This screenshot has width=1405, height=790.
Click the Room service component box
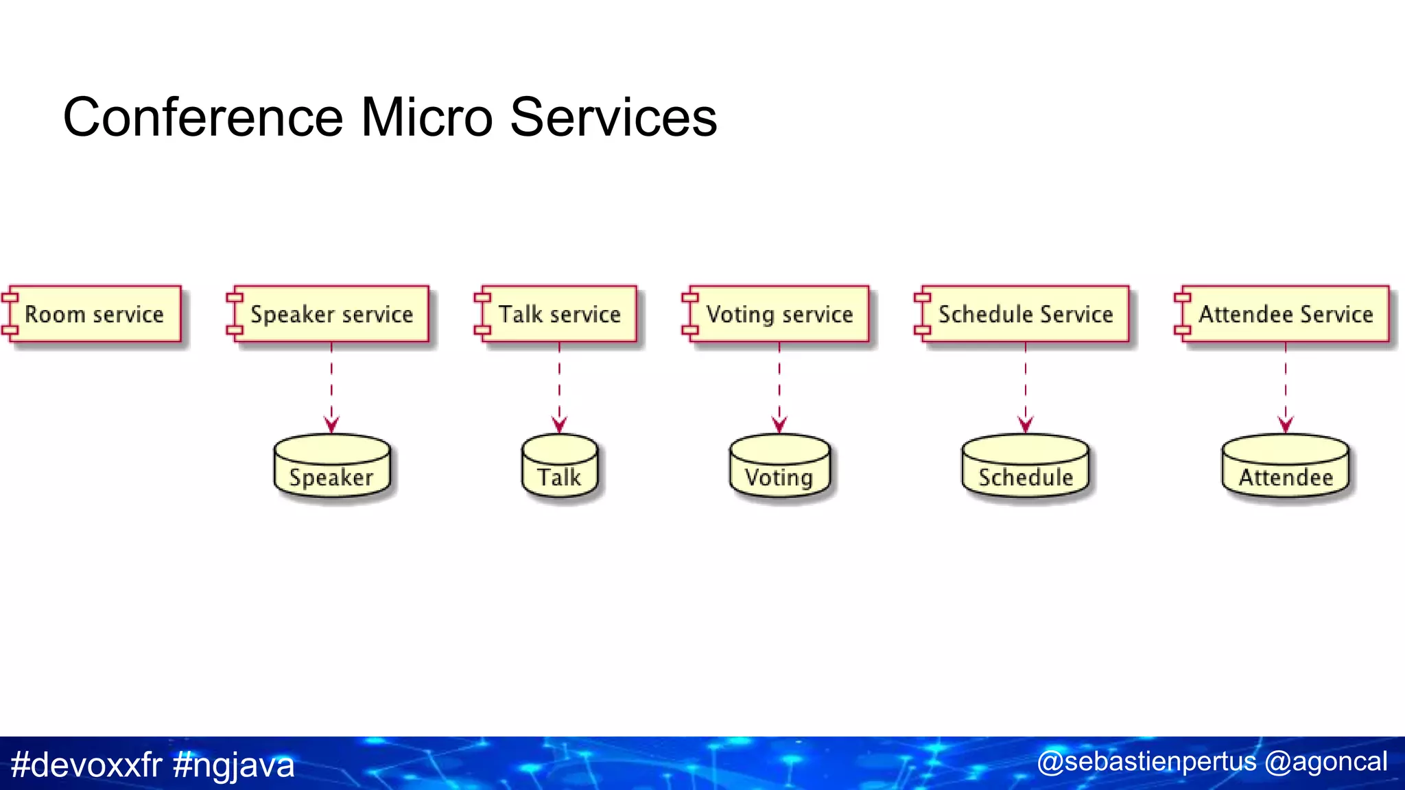95,314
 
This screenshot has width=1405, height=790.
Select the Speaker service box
331,314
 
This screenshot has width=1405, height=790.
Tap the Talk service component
559,314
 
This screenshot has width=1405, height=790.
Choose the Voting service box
779,314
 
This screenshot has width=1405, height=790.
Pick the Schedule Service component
1025,314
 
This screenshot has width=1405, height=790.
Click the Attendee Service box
1285,314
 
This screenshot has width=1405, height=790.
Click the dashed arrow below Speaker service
331,388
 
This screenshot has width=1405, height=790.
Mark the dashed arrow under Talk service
559,388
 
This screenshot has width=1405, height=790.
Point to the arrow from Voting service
779,388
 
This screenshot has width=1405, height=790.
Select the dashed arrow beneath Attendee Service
1286,388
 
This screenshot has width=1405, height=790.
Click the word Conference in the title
202,117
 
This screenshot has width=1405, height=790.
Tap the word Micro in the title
426,117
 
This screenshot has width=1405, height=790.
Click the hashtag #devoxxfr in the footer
86,765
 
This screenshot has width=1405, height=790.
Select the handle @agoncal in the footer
1325,762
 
